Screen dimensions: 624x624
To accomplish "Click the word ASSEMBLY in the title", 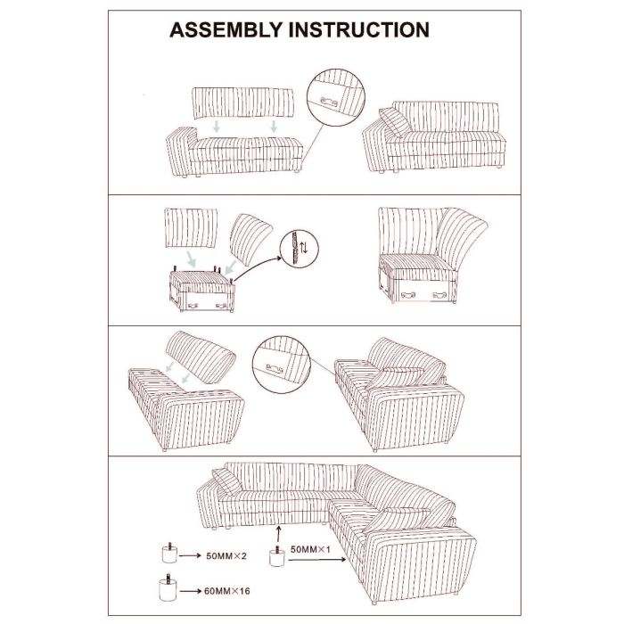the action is (226, 29).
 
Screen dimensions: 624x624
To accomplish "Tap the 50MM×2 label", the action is (226, 555).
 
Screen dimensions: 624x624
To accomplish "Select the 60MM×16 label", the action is (227, 591).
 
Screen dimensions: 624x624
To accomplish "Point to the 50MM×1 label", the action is (310, 550).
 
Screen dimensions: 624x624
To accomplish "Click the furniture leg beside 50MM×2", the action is (169, 553).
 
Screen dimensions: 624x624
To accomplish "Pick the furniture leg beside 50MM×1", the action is (277, 555).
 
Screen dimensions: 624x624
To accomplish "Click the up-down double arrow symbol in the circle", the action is (304, 248).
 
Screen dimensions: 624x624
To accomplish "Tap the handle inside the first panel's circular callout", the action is (329, 102).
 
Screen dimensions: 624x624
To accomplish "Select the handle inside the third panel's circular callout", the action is (275, 368).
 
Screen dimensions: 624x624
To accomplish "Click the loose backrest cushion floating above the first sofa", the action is (243, 103).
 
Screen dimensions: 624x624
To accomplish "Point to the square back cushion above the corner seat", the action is (191, 227).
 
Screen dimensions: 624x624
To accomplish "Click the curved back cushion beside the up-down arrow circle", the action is (250, 239).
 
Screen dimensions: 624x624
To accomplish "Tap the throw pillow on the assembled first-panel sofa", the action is (394, 122).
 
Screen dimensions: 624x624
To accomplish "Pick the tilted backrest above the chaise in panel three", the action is (201, 357).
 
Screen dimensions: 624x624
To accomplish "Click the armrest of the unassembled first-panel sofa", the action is (181, 151).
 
